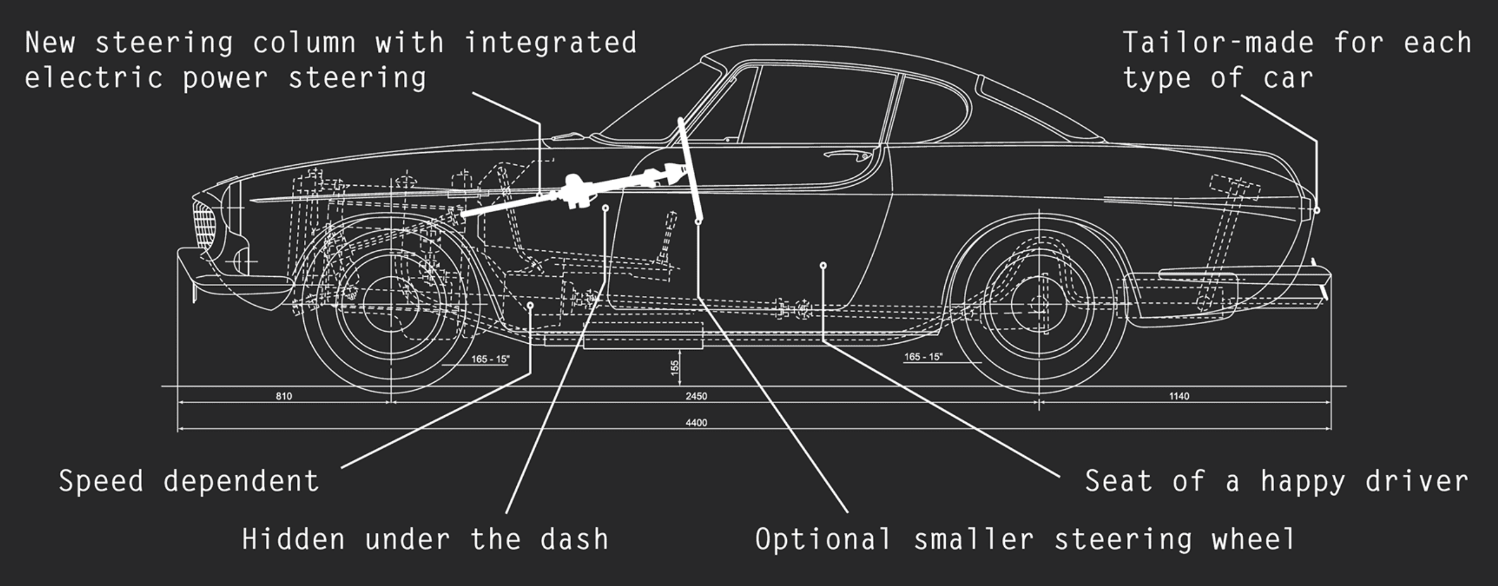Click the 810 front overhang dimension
coord(284,396)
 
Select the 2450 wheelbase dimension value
coord(696,396)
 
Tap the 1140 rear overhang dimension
coord(1179,396)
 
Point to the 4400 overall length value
coord(696,423)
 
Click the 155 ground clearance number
coord(674,367)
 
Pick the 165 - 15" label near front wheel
coord(490,359)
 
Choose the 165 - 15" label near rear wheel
coord(923,357)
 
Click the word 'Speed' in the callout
coord(100,482)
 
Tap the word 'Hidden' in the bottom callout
coord(294,539)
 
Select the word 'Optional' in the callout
coord(823,539)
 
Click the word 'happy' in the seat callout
coord(1302,482)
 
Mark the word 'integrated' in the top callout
coord(550,43)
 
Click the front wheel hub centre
coord(391,304)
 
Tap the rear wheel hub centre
coord(1039,304)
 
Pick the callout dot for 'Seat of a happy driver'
coord(823,266)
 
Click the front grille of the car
coord(204,224)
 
